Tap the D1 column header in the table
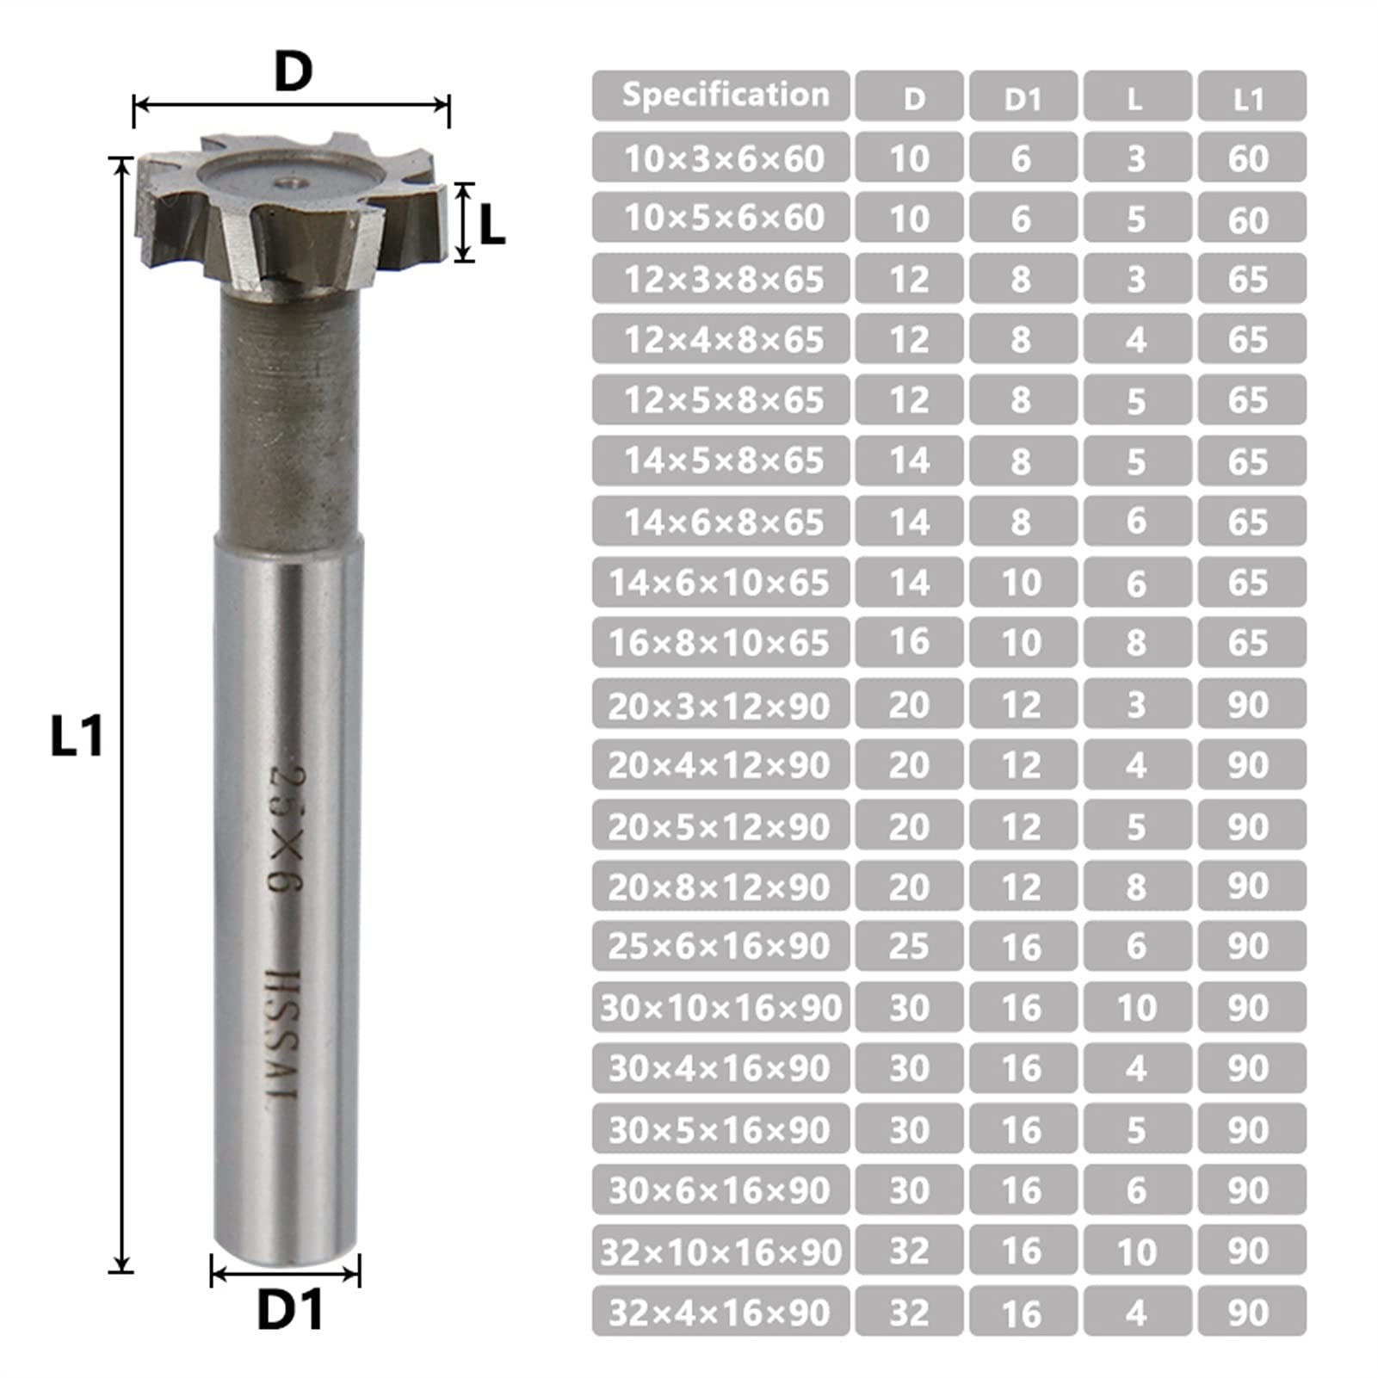1023,97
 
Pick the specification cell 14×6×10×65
720,583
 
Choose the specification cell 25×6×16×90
720,946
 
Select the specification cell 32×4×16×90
720,1312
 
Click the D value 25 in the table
909,946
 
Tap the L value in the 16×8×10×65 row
1136,643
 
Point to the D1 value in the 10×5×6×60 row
1023,219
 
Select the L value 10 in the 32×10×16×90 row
1136,1251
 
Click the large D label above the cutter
293,72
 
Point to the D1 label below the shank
290,1311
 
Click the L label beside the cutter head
491,226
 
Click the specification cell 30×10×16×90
720,1007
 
